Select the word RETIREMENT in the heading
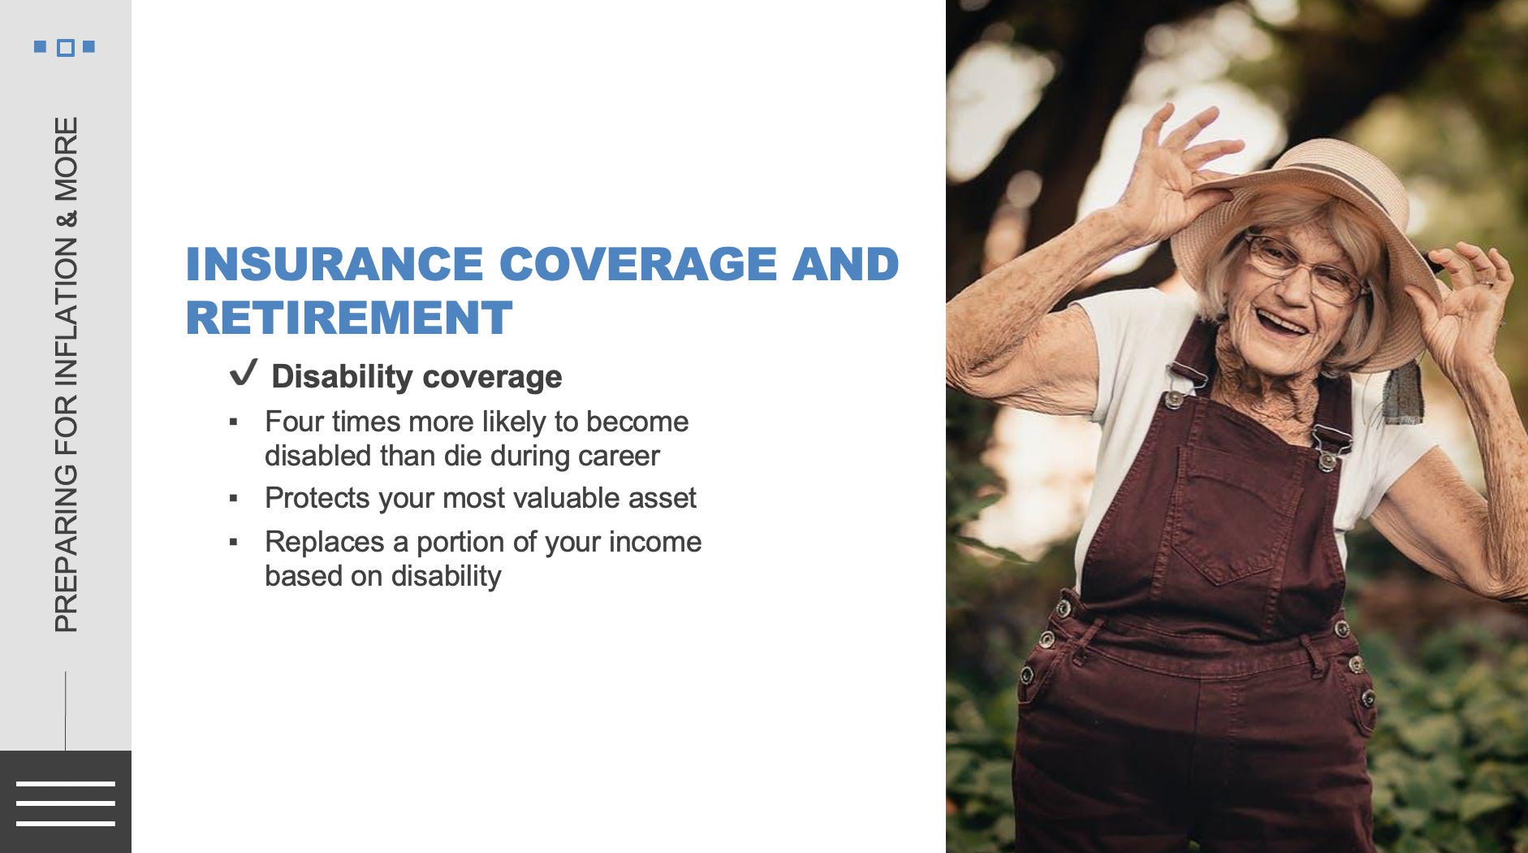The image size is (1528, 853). click(x=349, y=318)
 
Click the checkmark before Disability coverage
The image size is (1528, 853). click(x=244, y=373)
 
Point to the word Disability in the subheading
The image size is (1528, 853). click(x=342, y=377)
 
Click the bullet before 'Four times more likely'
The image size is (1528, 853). click(x=234, y=422)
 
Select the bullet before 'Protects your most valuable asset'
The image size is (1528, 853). click(x=234, y=498)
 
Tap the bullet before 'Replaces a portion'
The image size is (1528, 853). click(x=234, y=542)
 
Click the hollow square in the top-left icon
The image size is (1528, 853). click(x=66, y=48)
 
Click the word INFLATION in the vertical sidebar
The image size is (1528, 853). click(x=67, y=311)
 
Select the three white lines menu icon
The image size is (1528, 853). click(x=66, y=803)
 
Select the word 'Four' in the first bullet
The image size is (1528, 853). click(x=292, y=422)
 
